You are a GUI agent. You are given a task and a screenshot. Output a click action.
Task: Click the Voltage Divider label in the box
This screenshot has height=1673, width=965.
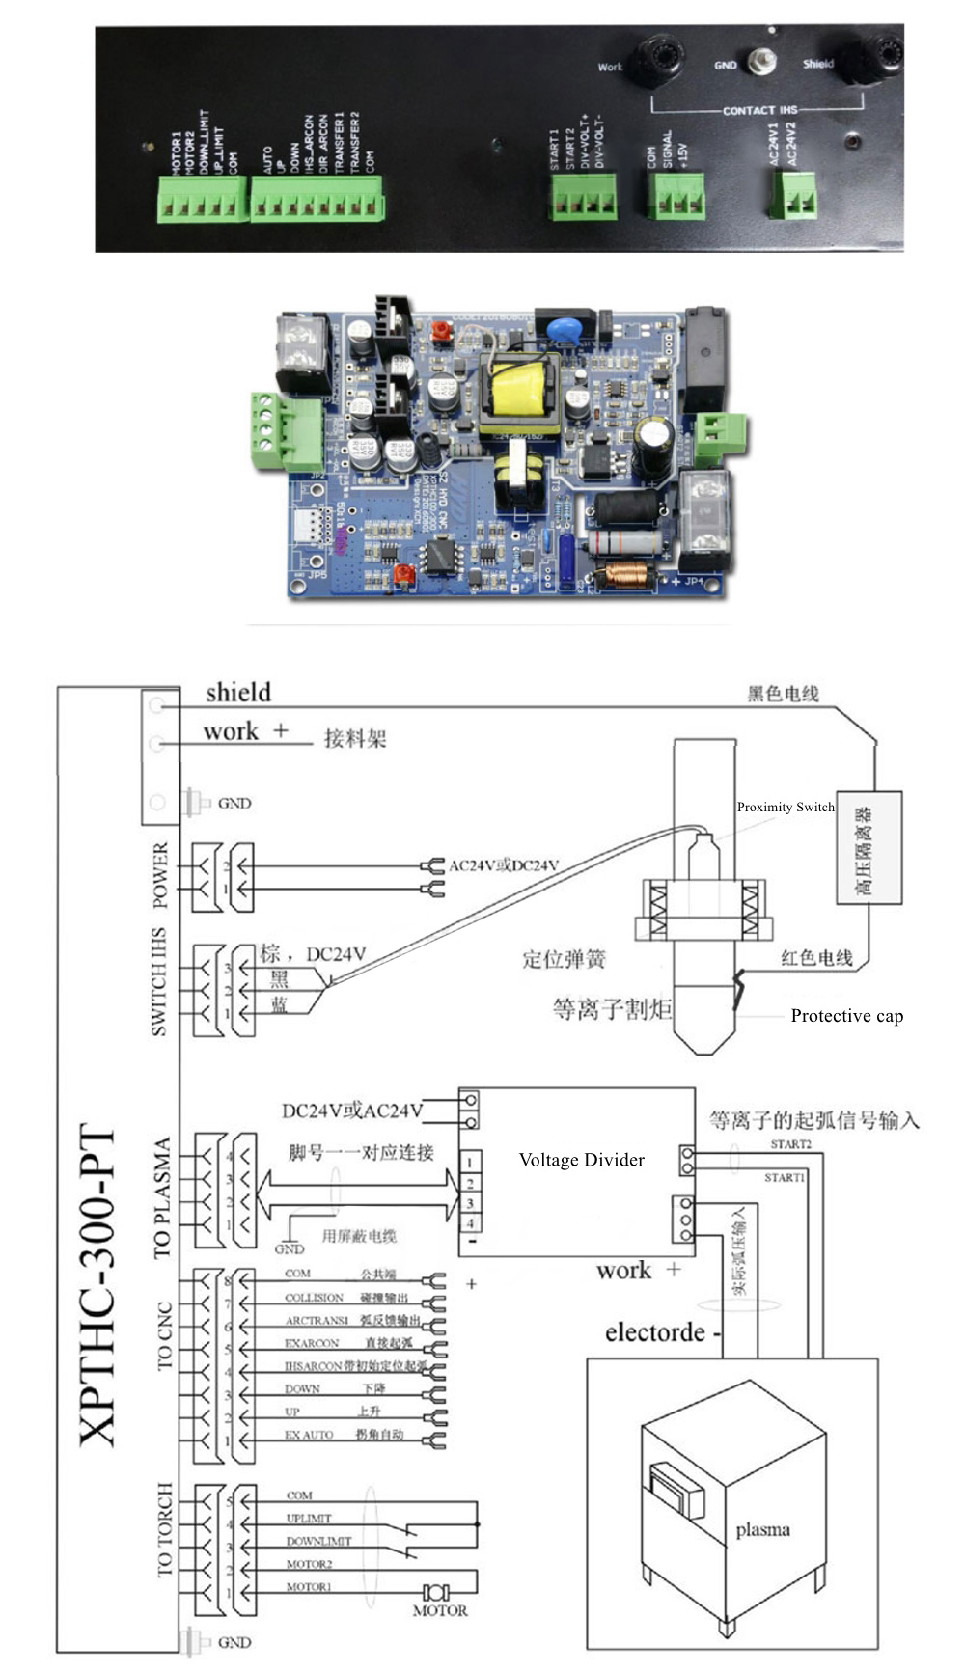[x=581, y=1160]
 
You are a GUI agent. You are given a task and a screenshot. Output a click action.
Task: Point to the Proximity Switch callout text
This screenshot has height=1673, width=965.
[x=786, y=808]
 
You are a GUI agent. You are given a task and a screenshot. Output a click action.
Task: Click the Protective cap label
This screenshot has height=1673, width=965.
[x=846, y=1015]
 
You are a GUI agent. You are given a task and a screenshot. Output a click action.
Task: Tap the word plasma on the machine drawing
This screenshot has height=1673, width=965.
[x=762, y=1529]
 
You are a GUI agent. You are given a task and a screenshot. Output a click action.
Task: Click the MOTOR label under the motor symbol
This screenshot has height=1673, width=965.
[x=440, y=1610]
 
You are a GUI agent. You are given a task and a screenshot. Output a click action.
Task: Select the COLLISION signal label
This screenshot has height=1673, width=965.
[x=314, y=1298]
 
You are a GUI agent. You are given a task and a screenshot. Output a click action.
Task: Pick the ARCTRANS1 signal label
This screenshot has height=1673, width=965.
[x=317, y=1320]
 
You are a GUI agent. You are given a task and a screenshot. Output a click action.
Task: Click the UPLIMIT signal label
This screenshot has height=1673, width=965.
[x=309, y=1519]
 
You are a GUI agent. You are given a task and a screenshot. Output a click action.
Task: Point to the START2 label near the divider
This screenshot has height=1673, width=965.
[x=790, y=1144]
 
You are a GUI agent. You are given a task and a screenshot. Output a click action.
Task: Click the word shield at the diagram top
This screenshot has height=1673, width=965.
[x=238, y=693]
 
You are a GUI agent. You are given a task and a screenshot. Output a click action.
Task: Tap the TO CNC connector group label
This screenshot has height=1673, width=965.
[x=164, y=1336]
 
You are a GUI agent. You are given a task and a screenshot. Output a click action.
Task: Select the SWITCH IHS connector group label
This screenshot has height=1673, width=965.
[x=159, y=982]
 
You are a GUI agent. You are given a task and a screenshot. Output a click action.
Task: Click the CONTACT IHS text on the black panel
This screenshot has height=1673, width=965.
[x=760, y=111]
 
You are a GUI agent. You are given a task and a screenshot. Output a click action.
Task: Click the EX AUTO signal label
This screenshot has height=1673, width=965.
[x=309, y=1435]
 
